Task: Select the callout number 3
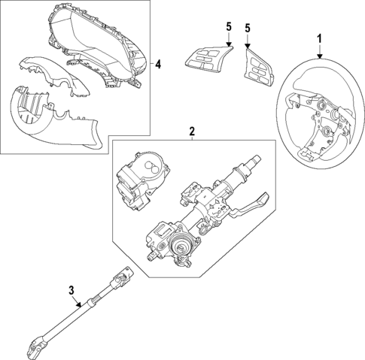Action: point(71,290)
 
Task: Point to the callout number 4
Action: point(157,63)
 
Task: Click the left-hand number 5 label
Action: point(228,28)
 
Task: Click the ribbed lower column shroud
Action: point(53,116)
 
